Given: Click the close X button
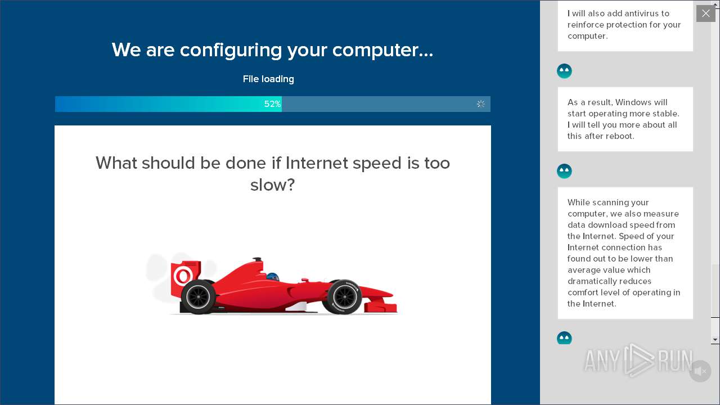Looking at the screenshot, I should click(705, 13).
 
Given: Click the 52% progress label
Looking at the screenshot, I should click(272, 104).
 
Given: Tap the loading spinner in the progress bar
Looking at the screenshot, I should click(480, 104).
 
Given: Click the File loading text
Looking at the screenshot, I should click(268, 79).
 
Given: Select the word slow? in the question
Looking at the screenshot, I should click(272, 185).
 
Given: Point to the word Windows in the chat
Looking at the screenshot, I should click(633, 102).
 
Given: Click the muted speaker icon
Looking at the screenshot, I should click(700, 371).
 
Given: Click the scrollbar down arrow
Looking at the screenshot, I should click(715, 340).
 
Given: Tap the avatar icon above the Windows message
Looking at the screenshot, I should click(564, 71).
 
